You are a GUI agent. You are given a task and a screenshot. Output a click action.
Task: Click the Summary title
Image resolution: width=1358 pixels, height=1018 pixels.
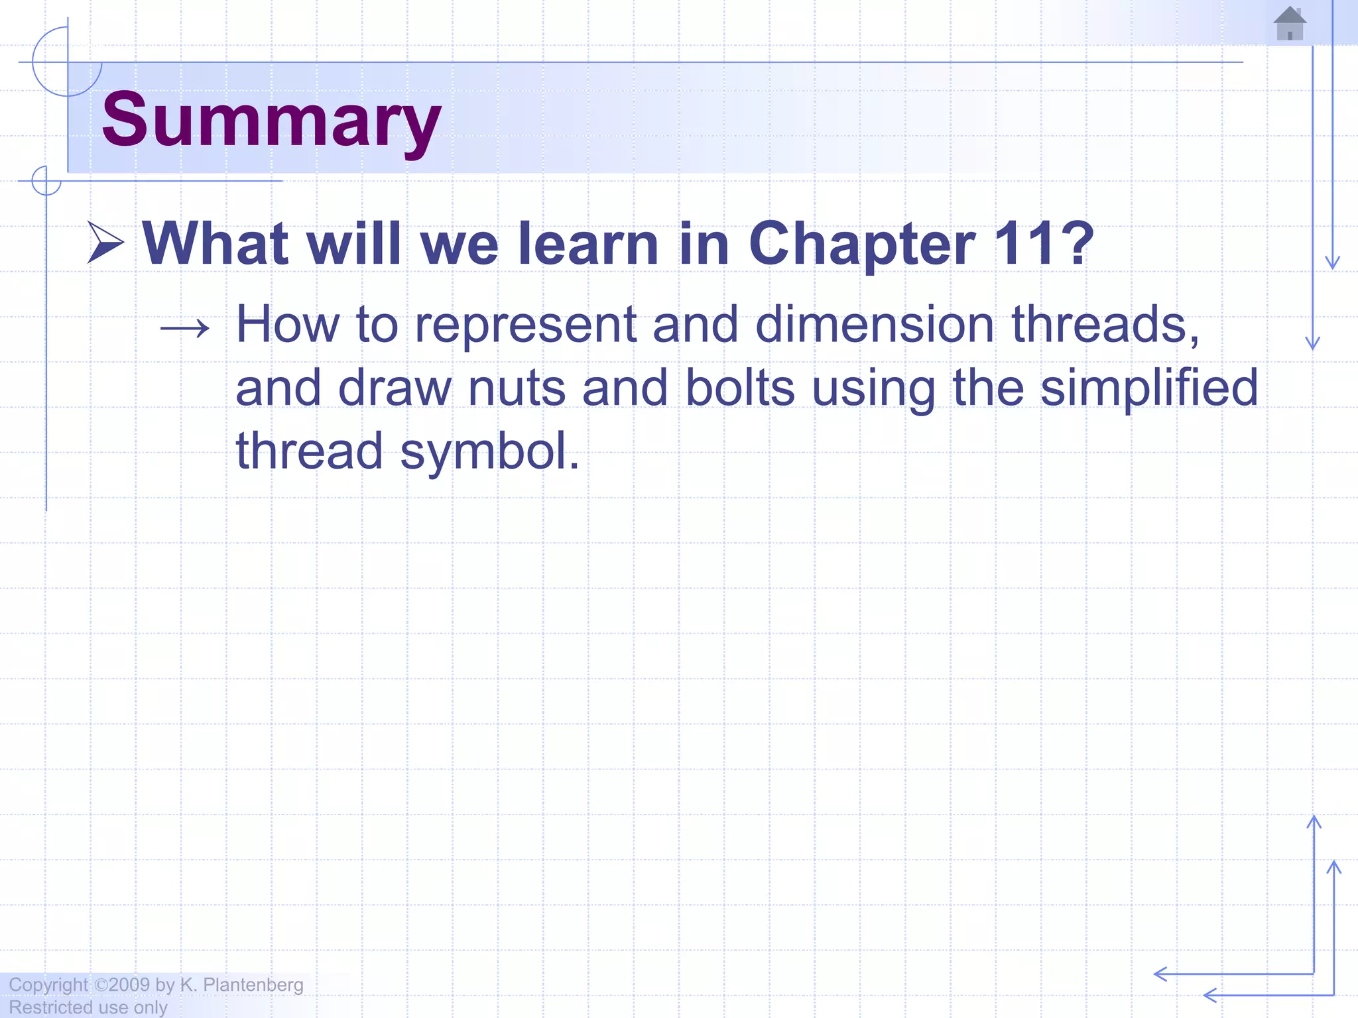click(x=271, y=121)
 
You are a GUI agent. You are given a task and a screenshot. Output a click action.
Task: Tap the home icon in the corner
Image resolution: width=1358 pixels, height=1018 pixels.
click(x=1290, y=24)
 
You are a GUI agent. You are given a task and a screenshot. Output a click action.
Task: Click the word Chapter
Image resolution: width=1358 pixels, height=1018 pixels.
click(x=861, y=244)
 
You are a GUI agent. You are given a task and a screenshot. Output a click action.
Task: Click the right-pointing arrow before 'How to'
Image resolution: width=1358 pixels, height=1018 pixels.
click(x=185, y=327)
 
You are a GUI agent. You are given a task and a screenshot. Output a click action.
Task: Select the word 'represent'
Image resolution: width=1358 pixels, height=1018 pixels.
click(x=525, y=325)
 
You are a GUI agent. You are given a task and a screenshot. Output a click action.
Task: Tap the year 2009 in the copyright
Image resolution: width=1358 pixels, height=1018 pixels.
click(x=129, y=985)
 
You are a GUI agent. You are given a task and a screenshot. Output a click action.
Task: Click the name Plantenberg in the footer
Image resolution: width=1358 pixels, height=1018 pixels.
click(x=253, y=985)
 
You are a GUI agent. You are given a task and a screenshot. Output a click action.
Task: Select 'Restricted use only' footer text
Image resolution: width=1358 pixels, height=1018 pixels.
click(x=88, y=1007)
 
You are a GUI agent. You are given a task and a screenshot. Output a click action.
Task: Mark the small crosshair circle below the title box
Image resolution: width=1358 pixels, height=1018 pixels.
click(x=46, y=181)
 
